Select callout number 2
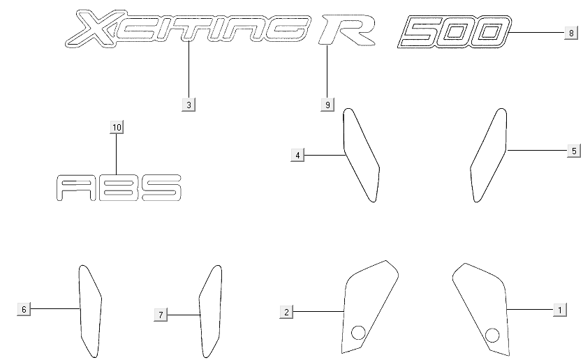(x=286, y=311)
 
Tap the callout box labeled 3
(x=189, y=105)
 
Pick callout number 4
(x=298, y=155)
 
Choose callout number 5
(x=573, y=150)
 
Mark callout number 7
(x=161, y=315)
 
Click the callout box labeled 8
(x=570, y=33)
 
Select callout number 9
(x=327, y=105)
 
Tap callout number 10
(x=117, y=127)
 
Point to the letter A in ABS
(x=73, y=188)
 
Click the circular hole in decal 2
(x=358, y=332)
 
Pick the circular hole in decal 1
(x=492, y=336)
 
